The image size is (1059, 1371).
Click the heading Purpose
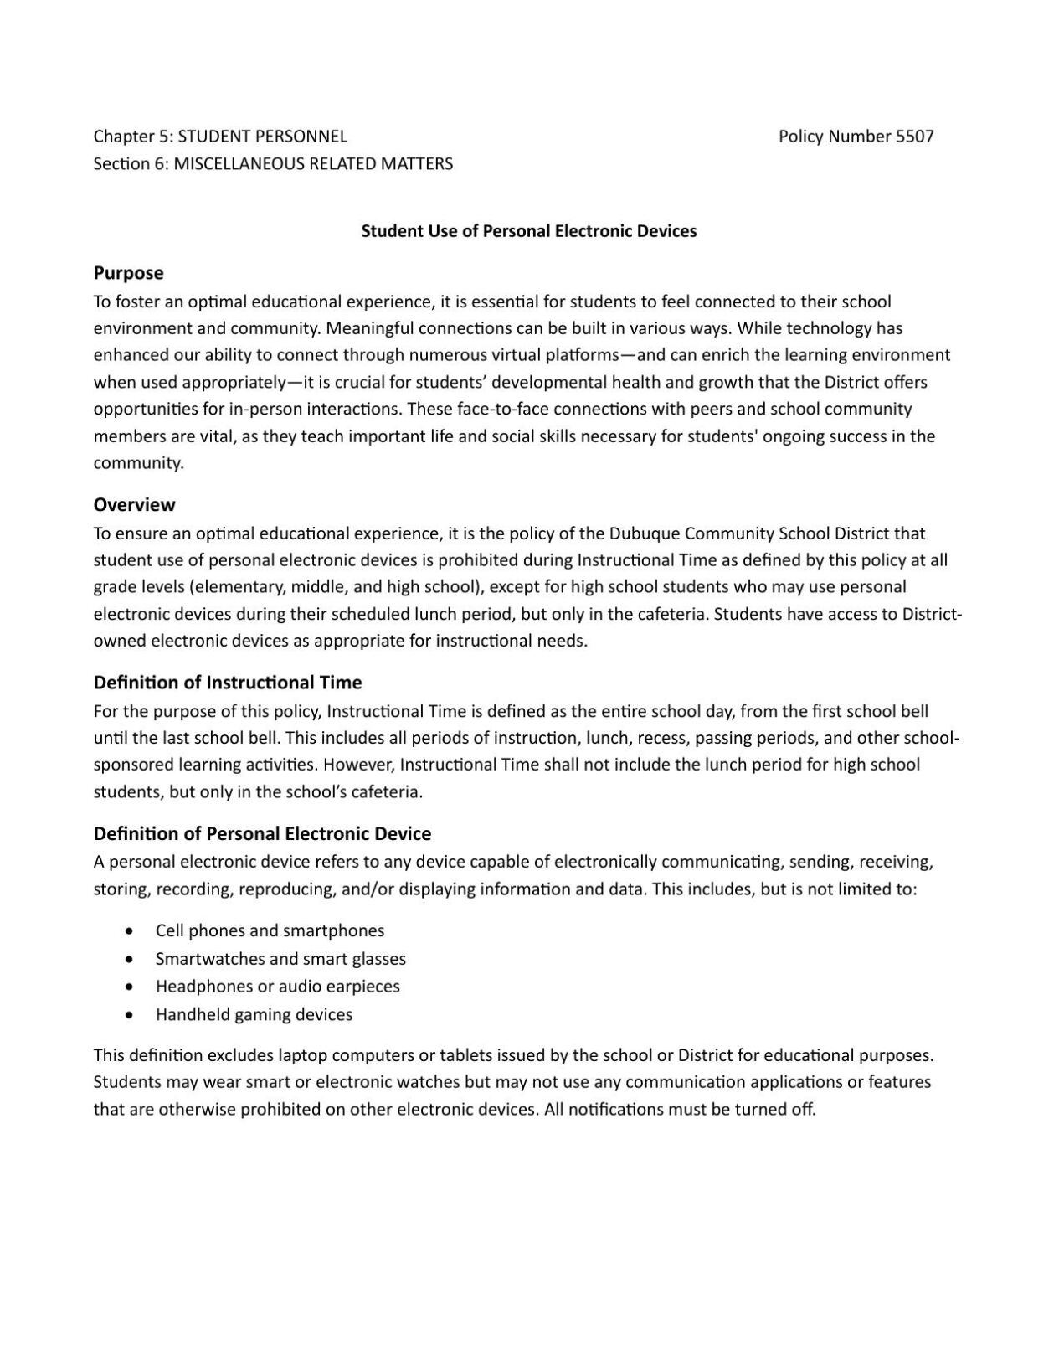pyautogui.click(x=128, y=273)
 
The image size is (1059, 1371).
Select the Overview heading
pyautogui.click(x=134, y=504)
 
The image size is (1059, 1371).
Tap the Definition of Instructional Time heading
pyautogui.click(x=227, y=682)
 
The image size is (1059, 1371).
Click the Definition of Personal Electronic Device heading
pyautogui.click(x=262, y=833)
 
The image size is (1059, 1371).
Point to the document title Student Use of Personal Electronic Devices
pyautogui.click(x=528, y=231)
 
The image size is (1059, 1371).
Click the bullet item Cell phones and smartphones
pyautogui.click(x=270, y=930)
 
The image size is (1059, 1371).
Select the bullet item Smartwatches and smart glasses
pyautogui.click(x=280, y=958)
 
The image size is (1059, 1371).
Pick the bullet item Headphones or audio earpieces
pyautogui.click(x=277, y=986)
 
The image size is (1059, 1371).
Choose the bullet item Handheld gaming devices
pyautogui.click(x=254, y=1014)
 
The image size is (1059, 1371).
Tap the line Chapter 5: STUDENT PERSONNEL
pyautogui.click(x=220, y=137)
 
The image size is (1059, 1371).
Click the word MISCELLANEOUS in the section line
pyautogui.click(x=239, y=163)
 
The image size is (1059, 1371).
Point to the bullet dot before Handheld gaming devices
pyautogui.click(x=128, y=1014)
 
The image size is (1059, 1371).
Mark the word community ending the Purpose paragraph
pyautogui.click(x=136, y=463)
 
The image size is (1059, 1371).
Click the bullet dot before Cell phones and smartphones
pyautogui.click(x=128, y=930)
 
